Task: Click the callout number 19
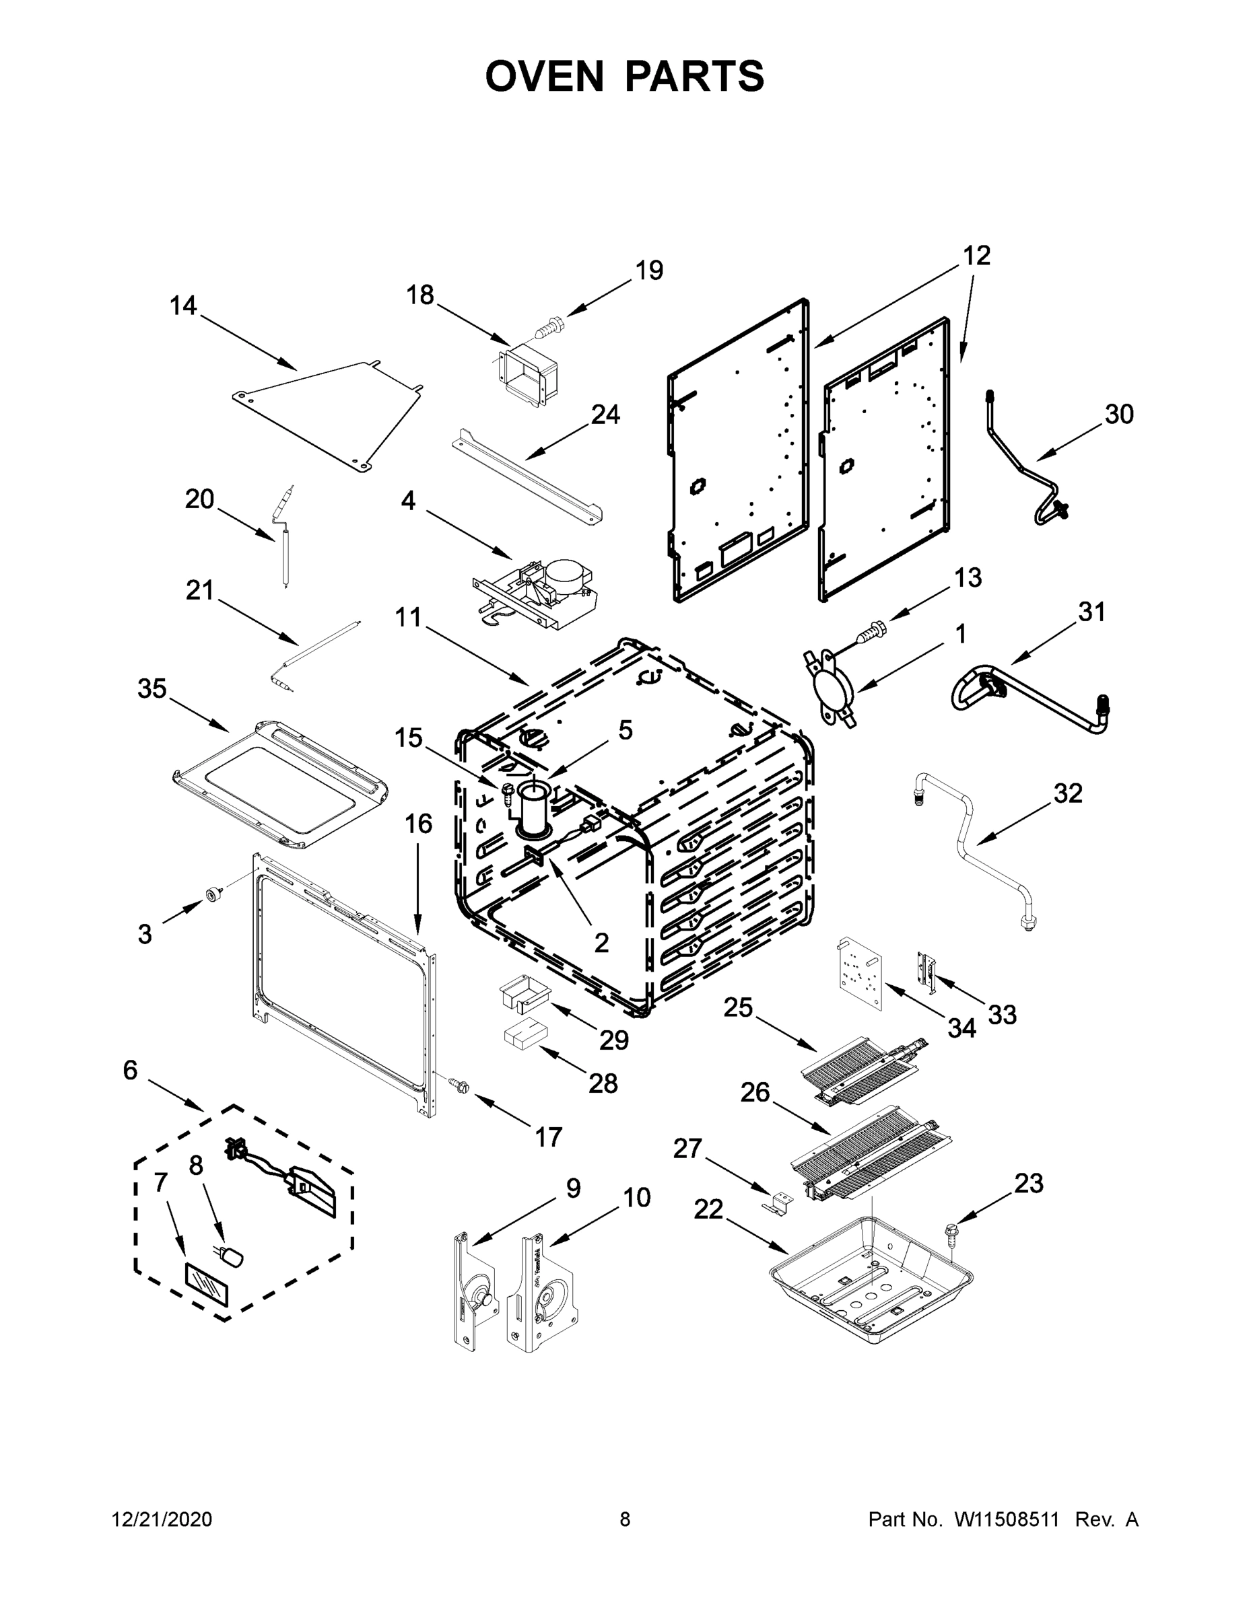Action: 649,271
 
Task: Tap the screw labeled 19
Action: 549,326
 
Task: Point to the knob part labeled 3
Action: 214,895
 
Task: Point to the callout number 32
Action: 1068,793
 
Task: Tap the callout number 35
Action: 152,688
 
